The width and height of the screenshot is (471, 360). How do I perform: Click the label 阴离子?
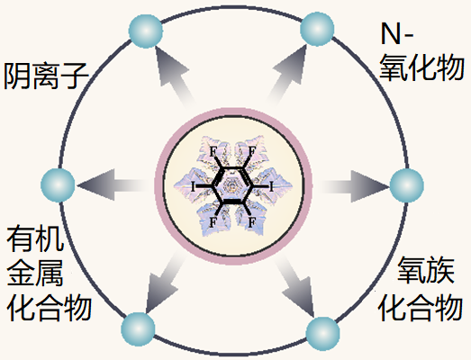(x=46, y=76)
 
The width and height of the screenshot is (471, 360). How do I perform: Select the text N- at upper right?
(x=397, y=33)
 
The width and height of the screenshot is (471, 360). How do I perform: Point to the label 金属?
(x=35, y=273)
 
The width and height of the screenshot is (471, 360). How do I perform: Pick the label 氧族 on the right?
(x=426, y=270)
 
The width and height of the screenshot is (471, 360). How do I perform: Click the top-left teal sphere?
(x=146, y=31)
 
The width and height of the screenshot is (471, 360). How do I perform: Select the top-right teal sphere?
(x=317, y=29)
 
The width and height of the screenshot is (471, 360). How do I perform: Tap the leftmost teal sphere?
(x=58, y=185)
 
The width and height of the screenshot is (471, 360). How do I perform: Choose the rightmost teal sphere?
(x=407, y=185)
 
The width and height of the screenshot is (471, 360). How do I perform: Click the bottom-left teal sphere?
(x=138, y=329)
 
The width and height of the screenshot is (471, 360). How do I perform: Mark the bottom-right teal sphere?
(x=323, y=334)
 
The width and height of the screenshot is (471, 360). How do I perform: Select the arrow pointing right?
(x=355, y=186)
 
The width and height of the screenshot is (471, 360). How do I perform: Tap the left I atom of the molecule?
(x=193, y=187)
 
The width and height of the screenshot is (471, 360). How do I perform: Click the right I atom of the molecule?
(x=271, y=187)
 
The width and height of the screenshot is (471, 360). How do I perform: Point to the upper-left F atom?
(x=213, y=151)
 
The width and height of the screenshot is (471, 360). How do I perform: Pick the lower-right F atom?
(x=252, y=222)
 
